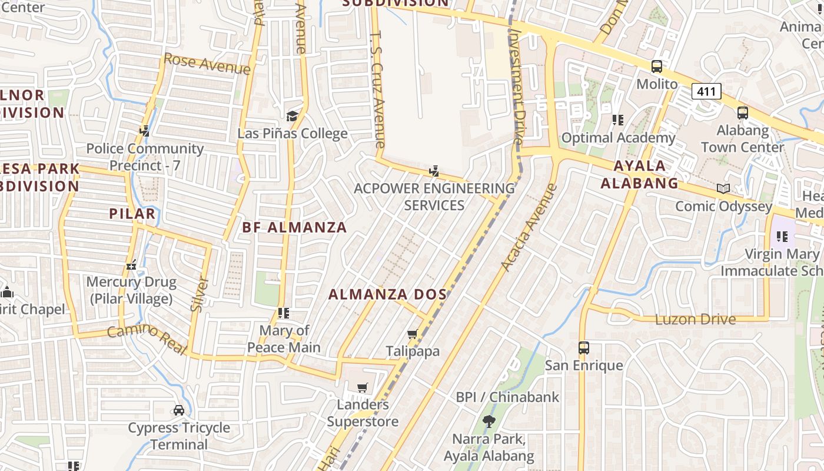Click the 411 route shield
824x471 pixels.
point(706,91)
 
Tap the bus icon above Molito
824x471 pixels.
point(657,67)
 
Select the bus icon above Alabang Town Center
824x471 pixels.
point(743,112)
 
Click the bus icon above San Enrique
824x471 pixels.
point(583,348)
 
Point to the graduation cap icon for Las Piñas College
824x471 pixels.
point(292,116)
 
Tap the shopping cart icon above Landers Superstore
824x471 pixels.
point(363,387)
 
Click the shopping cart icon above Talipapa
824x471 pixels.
point(413,334)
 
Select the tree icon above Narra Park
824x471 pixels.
point(488,421)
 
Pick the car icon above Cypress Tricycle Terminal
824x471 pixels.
point(179,410)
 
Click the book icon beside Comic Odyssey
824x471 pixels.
point(723,188)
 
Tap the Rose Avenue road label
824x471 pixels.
point(207,64)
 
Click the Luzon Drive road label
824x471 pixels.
point(695,319)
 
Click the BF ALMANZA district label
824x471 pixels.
point(294,227)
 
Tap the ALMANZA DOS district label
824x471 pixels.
point(387,294)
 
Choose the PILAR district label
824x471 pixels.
point(132,213)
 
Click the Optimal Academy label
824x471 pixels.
point(618,138)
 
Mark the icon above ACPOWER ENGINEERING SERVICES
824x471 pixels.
point(434,171)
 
